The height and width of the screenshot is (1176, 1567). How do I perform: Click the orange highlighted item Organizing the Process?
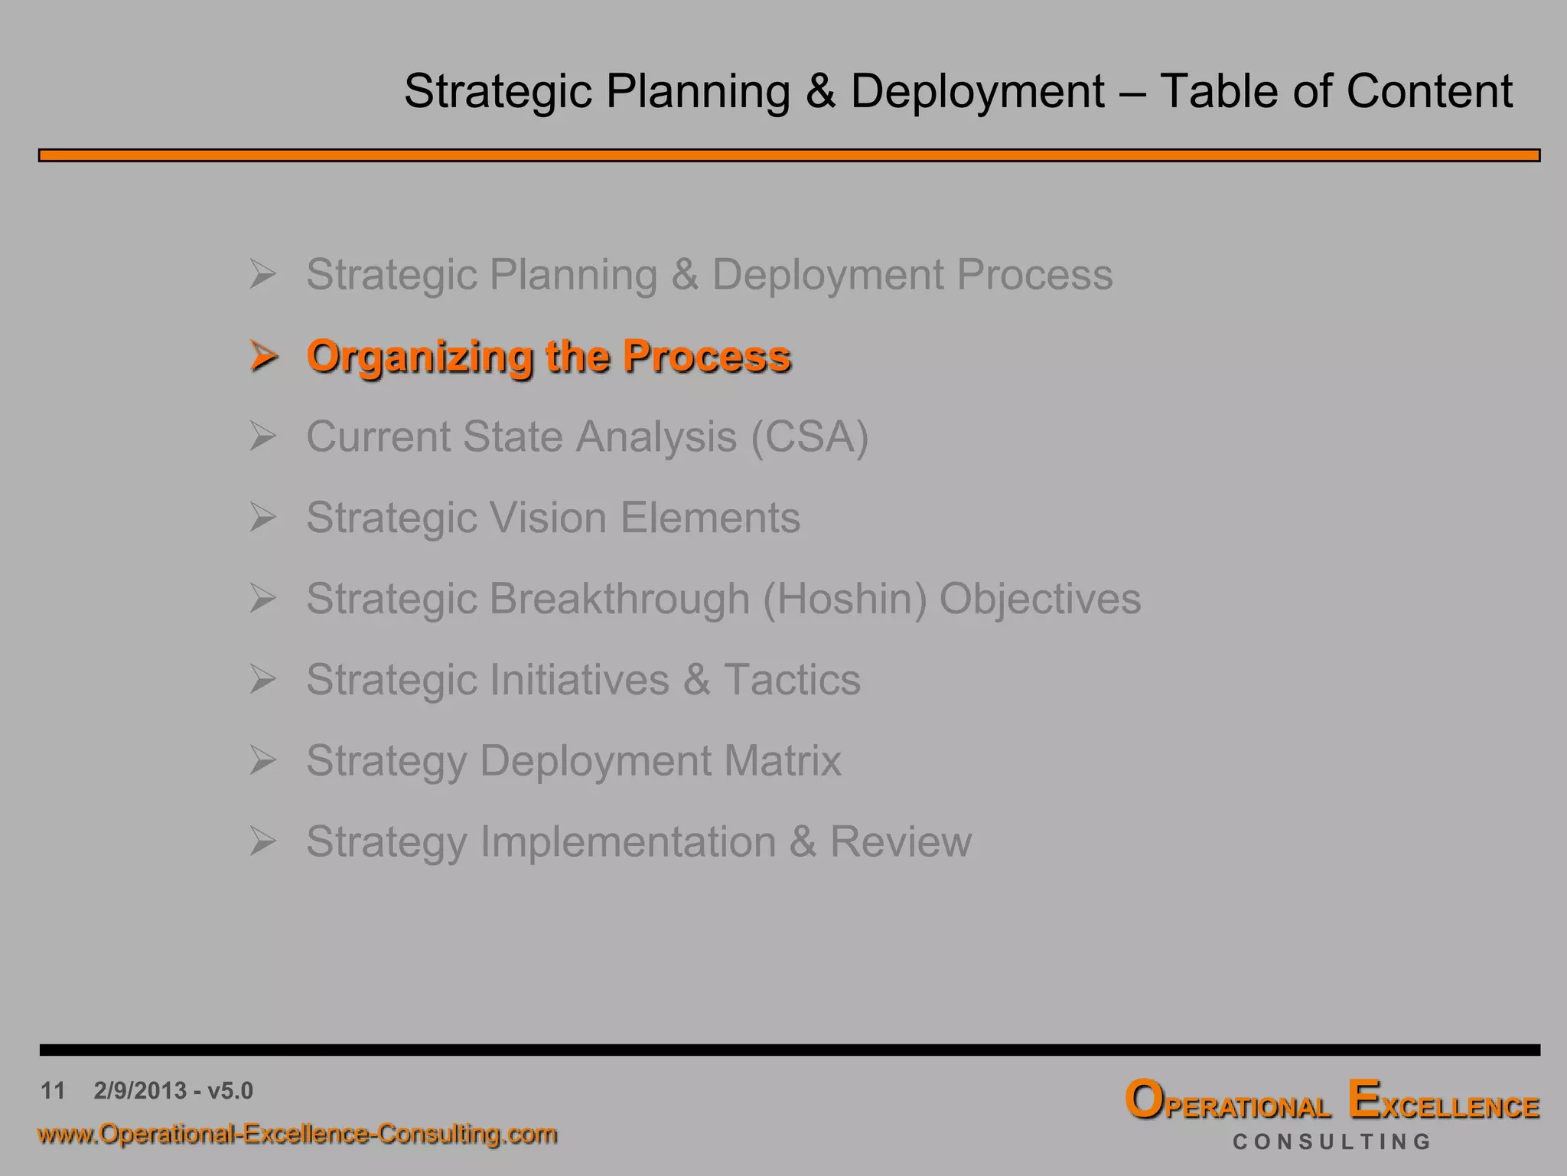[548, 357]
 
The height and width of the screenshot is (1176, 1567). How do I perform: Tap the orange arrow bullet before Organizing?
[262, 357]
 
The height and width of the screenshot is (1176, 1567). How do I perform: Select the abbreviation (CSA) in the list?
[810, 437]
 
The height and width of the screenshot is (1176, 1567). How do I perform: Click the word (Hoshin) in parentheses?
[845, 599]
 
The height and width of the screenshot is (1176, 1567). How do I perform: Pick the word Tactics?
[792, 680]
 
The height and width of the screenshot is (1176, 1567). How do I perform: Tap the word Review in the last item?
[901, 842]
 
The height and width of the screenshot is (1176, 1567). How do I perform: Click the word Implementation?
[627, 842]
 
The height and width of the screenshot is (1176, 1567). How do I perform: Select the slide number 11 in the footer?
[53, 1090]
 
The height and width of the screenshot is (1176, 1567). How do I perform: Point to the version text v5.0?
[230, 1090]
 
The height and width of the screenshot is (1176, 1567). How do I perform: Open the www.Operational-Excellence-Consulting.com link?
[297, 1134]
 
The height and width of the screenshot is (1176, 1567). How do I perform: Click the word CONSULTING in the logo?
[1331, 1142]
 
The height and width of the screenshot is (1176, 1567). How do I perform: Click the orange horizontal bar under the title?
[788, 155]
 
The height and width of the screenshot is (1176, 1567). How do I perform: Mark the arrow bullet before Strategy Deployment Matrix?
[262, 761]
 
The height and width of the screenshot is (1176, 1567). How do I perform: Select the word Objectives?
[1040, 599]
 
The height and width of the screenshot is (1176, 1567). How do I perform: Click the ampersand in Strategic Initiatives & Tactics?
[696, 680]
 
